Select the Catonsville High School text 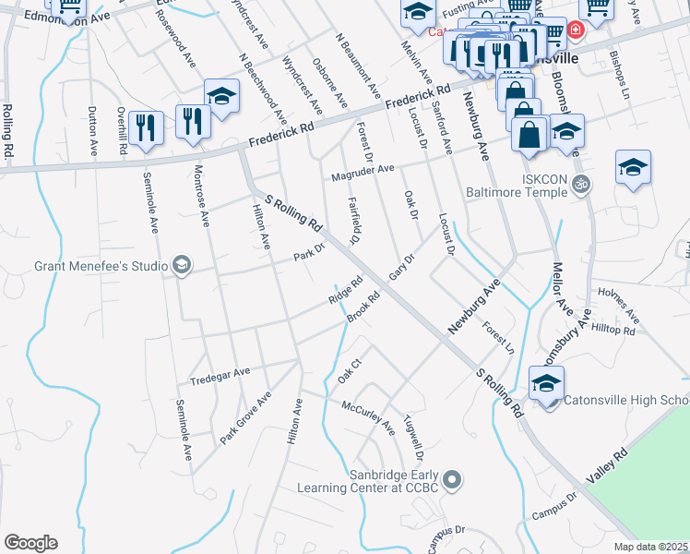(x=626, y=400)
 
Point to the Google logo (x=30, y=543)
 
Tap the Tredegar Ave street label (x=220, y=373)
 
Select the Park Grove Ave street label (x=245, y=418)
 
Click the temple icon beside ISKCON (x=580, y=183)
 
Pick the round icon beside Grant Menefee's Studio (x=181, y=267)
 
